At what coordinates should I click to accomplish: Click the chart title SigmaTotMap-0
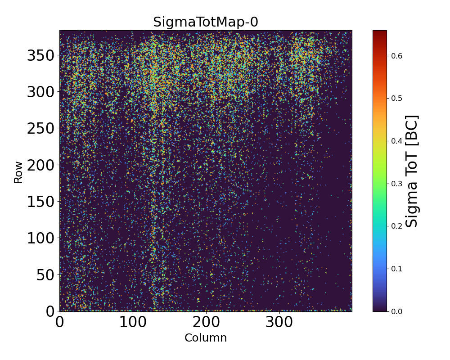206,22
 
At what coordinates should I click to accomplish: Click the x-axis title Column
206,338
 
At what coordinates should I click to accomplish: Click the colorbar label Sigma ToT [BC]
412,171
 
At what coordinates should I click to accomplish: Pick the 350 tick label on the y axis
40,56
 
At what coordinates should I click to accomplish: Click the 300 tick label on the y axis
40,92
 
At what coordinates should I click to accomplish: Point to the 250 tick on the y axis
40,129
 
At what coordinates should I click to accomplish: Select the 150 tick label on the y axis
40,202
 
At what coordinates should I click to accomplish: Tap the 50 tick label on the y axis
45,274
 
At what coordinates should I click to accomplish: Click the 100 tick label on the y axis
40,238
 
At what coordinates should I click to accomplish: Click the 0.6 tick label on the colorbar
396,56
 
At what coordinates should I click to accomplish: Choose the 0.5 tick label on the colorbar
396,98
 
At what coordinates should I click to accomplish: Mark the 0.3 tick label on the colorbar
396,183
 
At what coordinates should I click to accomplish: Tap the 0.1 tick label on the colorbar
396,269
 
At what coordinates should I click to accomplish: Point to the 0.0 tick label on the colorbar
396,311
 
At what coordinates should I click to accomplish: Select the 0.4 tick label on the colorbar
396,141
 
